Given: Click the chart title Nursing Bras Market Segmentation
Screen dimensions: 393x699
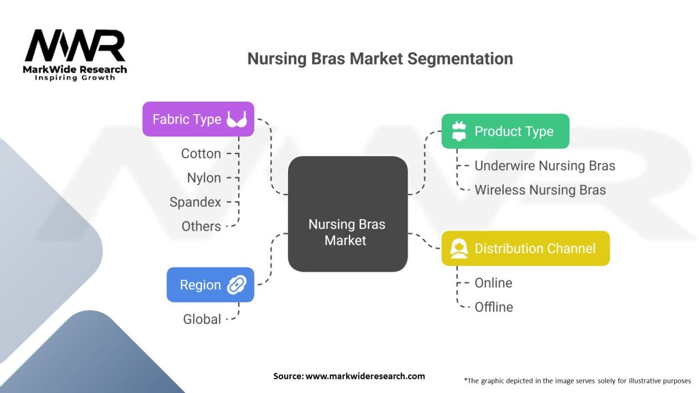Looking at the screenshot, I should (x=380, y=59).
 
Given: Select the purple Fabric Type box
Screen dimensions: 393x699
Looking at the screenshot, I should (x=198, y=119).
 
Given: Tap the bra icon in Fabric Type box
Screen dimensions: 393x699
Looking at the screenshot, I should (x=237, y=120).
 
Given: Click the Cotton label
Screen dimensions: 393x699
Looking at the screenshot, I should (x=201, y=154).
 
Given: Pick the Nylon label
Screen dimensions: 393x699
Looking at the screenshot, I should (x=204, y=178).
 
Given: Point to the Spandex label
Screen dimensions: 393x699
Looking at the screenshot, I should (x=195, y=202).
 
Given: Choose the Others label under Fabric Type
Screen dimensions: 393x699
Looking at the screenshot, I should (x=201, y=226).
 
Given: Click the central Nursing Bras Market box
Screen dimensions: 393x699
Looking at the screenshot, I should (x=347, y=214).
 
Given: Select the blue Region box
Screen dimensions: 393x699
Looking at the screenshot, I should (x=210, y=285).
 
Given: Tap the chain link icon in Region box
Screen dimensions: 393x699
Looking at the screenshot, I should (x=237, y=285).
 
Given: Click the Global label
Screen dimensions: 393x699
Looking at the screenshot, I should (x=202, y=319).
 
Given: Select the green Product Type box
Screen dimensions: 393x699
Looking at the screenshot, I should (x=505, y=131).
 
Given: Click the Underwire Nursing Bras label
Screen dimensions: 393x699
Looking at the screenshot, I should (x=545, y=166).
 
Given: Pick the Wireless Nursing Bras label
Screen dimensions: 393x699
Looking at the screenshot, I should (x=540, y=190).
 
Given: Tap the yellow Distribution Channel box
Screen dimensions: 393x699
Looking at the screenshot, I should (x=525, y=248).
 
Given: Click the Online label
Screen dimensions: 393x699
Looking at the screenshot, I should (x=493, y=282).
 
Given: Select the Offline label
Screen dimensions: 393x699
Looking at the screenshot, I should (x=494, y=307).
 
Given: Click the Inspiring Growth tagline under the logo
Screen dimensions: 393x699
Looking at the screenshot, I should (x=75, y=78).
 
